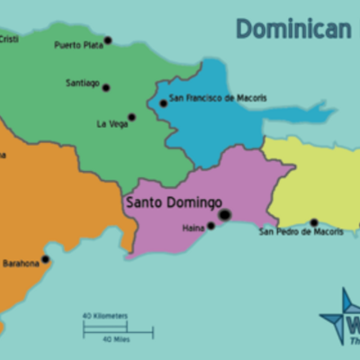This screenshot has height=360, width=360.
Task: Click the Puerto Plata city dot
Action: click(x=108, y=40)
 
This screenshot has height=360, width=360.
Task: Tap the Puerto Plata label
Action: click(x=77, y=44)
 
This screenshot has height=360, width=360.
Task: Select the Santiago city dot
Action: click(x=106, y=87)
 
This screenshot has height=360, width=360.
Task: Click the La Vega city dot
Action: click(x=131, y=117)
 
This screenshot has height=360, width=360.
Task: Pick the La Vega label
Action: click(x=112, y=123)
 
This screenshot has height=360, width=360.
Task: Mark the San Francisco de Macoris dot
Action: click(x=163, y=103)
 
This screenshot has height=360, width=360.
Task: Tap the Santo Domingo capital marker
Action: click(x=224, y=214)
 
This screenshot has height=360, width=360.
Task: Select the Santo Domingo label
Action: click(x=173, y=202)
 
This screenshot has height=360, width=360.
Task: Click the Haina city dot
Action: click(x=211, y=226)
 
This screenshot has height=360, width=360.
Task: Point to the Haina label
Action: click(x=193, y=229)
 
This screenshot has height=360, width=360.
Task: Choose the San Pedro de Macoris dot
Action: click(x=314, y=222)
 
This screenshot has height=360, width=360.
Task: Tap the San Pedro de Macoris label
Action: click(x=301, y=232)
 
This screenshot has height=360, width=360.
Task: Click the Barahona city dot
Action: click(x=45, y=259)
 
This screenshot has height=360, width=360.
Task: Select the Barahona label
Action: click(x=20, y=263)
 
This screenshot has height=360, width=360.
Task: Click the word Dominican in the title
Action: click(x=292, y=30)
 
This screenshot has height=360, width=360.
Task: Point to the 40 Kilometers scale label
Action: click(x=105, y=316)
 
